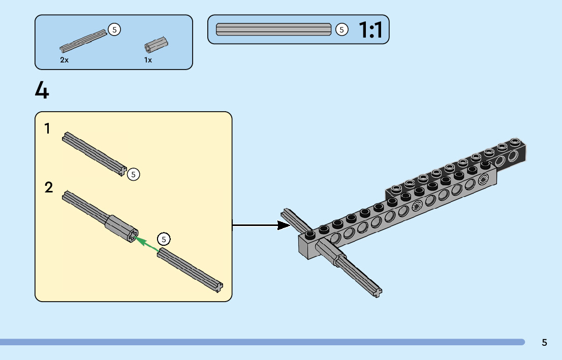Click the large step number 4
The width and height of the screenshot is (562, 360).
pos(42,90)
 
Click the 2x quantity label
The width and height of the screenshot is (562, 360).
pos(65,60)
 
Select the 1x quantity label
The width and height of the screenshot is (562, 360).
pos(148,60)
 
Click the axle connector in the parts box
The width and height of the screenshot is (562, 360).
pos(156,46)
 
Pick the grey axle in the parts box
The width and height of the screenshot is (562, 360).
pos(83,41)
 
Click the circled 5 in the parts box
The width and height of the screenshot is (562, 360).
pos(114,30)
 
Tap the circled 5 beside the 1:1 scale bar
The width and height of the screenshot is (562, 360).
pos(341,30)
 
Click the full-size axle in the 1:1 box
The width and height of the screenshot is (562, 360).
pos(274,30)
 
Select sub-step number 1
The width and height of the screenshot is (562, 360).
pos(48,129)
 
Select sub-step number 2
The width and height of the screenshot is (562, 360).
pos(49,188)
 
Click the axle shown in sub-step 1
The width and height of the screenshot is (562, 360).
pos(93,153)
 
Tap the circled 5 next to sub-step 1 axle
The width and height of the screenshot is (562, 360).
pos(133,174)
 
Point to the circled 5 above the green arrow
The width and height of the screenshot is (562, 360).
pos(164,239)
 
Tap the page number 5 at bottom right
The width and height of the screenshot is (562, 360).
pos(544,342)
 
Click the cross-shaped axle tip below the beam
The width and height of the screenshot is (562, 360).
pos(377,292)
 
